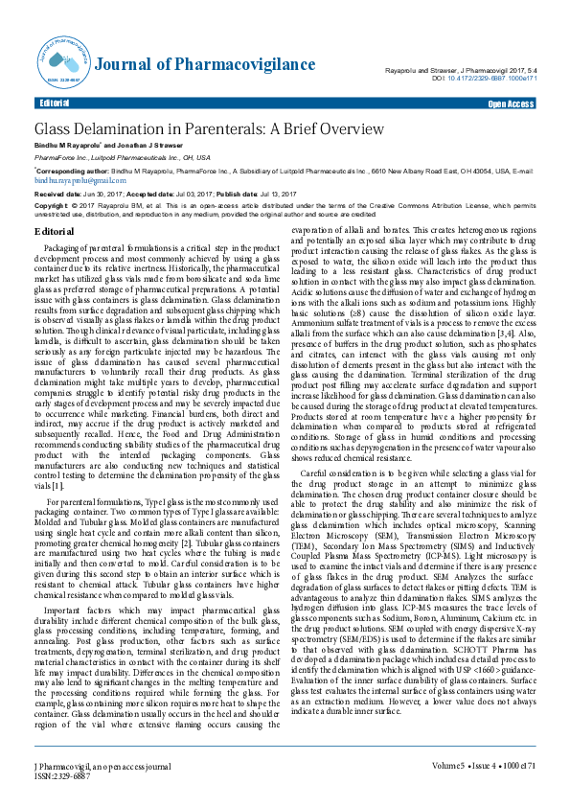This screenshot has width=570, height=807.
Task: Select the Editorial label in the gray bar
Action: click(x=54, y=103)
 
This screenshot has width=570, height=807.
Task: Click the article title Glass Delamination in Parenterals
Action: click(x=195, y=128)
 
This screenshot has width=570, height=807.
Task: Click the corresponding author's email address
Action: click(x=69, y=179)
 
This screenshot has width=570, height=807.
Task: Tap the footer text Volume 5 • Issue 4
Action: click(x=466, y=792)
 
